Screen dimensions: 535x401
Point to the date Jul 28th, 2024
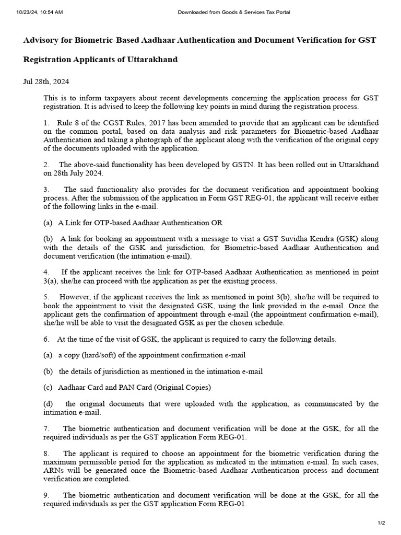[46, 82]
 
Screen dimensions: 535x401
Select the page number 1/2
[381, 523]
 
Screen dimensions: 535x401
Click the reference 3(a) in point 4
[51, 281]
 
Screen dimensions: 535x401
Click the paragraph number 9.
[46, 495]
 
